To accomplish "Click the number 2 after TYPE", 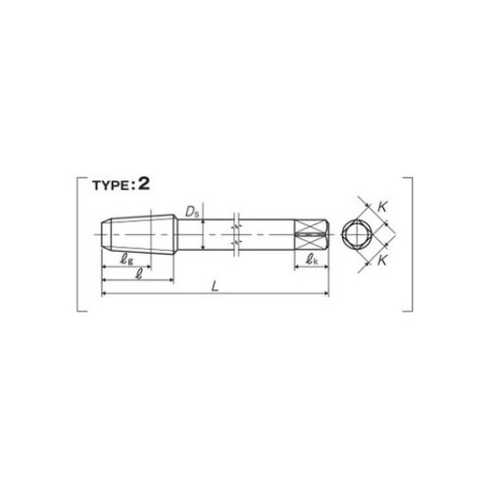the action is coord(144,184).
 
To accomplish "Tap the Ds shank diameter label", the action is coord(192,212).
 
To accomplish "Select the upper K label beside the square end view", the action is coord(382,207).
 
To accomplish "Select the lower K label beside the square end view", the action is coord(382,261).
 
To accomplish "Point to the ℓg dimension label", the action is coord(126,260).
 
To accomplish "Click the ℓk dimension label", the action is coord(312,260).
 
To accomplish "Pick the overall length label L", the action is coord(215,287).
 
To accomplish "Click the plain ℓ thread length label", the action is coord(139,273).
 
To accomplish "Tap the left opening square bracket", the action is coord(77,244).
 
